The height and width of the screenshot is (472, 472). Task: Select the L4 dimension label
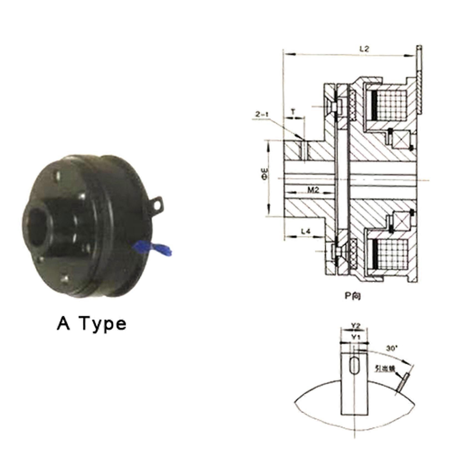[306, 231]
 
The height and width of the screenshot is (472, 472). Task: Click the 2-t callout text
[262, 114]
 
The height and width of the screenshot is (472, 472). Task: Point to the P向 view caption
[353, 296]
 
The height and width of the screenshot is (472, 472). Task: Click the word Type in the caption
[104, 324]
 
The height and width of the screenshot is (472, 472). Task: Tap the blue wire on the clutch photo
[153, 248]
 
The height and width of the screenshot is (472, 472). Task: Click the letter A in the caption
[63, 323]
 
